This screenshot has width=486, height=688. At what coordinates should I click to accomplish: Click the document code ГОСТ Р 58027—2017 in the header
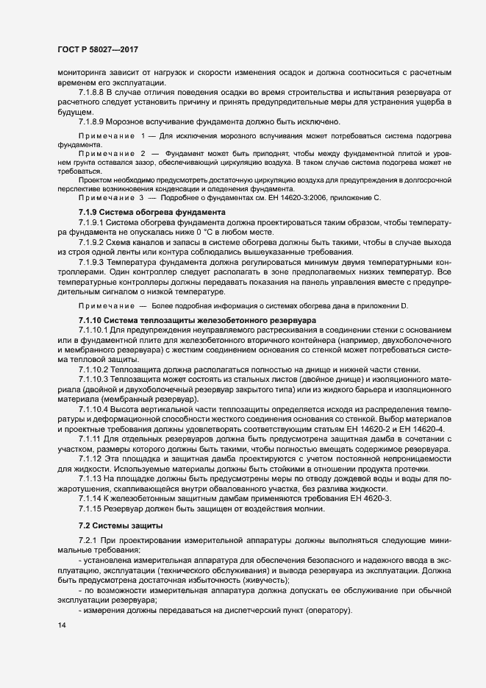coord(98,49)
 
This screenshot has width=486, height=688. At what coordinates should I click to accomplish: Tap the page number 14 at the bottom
coord(61,625)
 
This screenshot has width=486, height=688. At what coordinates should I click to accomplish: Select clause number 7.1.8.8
coord(93,93)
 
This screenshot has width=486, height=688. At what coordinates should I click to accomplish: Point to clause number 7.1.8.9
coord(93,121)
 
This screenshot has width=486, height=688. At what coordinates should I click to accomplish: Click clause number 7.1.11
coord(90,439)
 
